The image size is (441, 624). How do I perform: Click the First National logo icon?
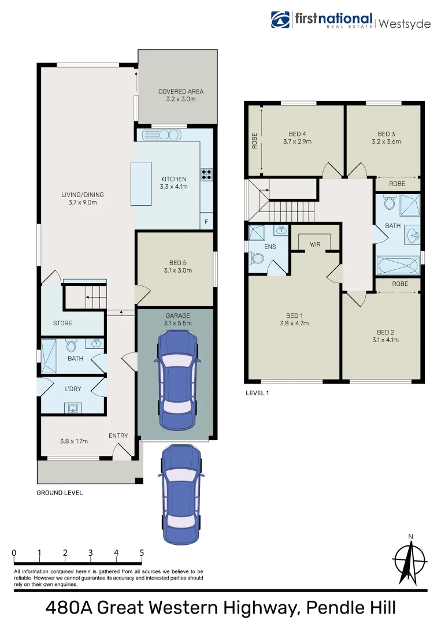coord(281,20)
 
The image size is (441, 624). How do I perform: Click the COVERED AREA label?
coord(181,95)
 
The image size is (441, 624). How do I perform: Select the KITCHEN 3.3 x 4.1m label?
coord(173,183)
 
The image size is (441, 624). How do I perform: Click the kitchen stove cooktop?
coord(206,174)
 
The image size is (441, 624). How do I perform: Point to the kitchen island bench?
coord(141,184)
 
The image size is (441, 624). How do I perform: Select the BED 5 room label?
coord(177,266)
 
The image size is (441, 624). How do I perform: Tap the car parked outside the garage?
coord(181,495)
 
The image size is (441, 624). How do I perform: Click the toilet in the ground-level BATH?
coord(72,346)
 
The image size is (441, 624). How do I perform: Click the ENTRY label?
coord(118,436)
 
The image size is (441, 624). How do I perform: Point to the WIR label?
coord(315,245)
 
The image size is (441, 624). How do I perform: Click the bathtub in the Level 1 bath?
coord(398,266)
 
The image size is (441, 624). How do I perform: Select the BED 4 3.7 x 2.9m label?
coord(297,138)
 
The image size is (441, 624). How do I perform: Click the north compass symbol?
coord(410,561)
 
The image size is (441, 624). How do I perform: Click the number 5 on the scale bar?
coord(142,553)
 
